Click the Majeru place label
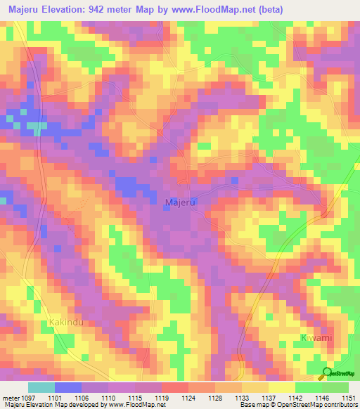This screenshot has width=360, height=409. pos(179,202)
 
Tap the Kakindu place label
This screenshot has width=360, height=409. pos(67,323)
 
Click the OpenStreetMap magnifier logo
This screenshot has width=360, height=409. pos(327,373)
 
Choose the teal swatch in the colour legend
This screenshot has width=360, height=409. pos(41,387)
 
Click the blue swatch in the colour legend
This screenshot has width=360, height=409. pos(68,387)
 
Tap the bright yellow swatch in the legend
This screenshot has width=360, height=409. pos(281,387)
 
